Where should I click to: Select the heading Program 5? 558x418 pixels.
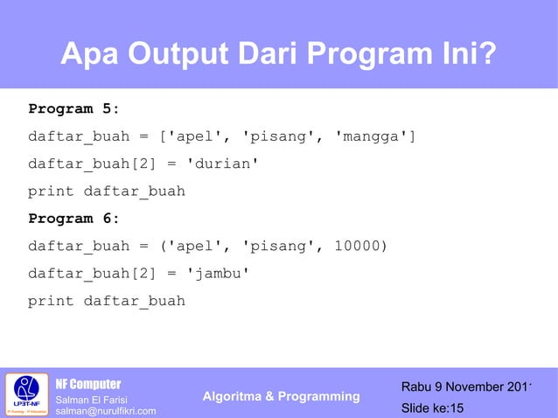73,109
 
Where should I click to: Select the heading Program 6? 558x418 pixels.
73,219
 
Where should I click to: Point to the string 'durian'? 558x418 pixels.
223,164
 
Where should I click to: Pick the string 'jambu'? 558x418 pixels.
219,274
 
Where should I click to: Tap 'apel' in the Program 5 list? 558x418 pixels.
195,137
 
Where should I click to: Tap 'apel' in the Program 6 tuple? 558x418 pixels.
195,246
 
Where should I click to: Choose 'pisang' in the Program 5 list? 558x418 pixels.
278,137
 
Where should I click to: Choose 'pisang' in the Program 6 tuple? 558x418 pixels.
278,246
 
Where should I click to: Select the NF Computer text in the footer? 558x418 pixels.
88,384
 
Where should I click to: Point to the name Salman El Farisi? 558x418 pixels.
92,399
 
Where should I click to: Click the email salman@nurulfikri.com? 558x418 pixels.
106,411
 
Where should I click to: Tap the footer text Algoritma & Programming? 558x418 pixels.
281,397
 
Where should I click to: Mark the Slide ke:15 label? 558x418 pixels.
432,408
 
